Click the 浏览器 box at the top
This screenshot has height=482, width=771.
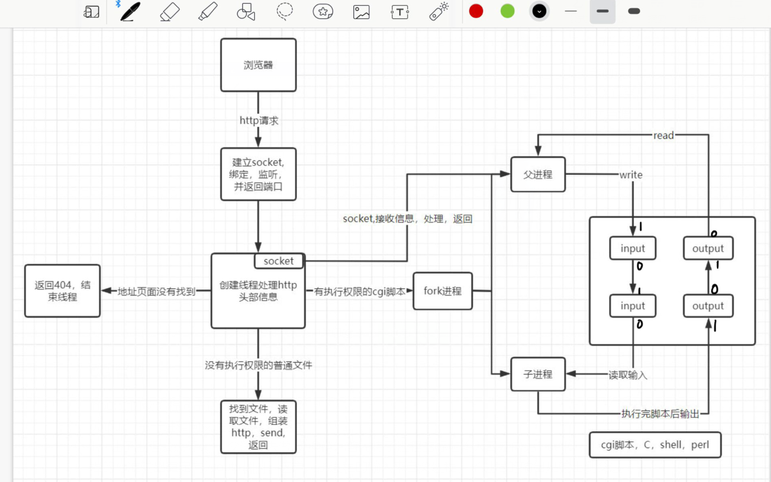(258, 65)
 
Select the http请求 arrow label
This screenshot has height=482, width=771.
(259, 121)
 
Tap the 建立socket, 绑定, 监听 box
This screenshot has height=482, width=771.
(258, 175)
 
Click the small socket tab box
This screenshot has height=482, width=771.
(279, 261)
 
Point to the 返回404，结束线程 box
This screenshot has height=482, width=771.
(62, 291)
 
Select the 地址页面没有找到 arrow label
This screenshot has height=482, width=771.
(156, 291)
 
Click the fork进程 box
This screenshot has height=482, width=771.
(442, 291)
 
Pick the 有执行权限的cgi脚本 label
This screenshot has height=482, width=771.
(360, 291)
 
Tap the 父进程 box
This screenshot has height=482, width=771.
(538, 175)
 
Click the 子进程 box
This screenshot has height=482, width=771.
(538, 375)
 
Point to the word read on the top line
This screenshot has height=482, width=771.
(663, 135)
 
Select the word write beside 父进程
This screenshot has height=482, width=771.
(631, 175)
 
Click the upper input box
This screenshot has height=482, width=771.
(632, 248)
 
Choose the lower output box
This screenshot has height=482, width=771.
(707, 305)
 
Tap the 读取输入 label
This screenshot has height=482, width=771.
(627, 375)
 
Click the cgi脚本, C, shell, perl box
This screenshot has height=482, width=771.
(655, 445)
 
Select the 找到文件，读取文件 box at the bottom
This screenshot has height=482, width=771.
(258, 427)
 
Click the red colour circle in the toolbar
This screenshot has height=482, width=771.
(476, 11)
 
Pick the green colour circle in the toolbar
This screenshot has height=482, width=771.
(507, 11)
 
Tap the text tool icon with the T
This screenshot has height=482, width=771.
(400, 11)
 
